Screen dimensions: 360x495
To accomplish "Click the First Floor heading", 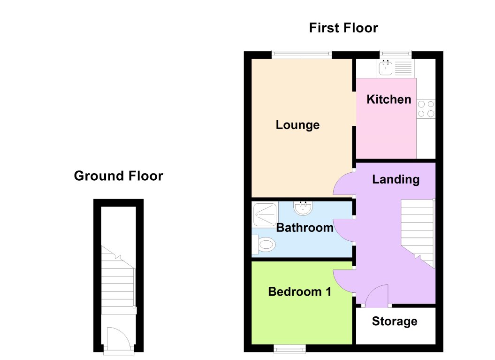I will click(343, 28).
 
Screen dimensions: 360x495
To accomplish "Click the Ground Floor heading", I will click(118, 176).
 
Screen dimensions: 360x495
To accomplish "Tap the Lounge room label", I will click(297, 125).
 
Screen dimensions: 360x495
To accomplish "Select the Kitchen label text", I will click(388, 100).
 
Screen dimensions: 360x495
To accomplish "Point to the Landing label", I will click(396, 179).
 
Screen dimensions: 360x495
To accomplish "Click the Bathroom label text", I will click(305, 228).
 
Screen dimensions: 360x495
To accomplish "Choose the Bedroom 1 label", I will click(299, 292).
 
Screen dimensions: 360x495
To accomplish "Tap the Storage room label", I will click(394, 322).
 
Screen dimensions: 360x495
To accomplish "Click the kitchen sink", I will click(386, 69).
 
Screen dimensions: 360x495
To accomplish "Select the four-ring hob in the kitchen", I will click(426, 108).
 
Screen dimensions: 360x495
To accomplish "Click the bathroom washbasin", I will click(302, 207).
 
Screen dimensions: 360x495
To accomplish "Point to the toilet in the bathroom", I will click(264, 245).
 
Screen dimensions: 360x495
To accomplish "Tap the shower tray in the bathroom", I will click(265, 214).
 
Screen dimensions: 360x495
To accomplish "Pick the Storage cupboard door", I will click(377, 296).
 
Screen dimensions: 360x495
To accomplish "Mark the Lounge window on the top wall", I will click(302, 54).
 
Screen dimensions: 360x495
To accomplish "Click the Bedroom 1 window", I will click(289, 348).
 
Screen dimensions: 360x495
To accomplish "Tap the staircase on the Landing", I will click(417, 232).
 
